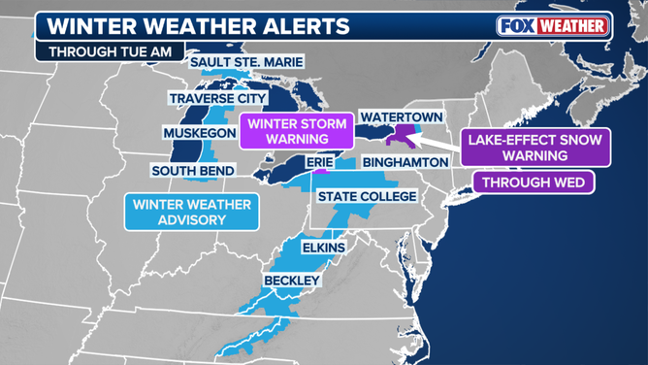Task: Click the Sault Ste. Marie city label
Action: tap(238, 63)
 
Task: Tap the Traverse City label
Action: tap(217, 98)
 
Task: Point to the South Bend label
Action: tap(193, 171)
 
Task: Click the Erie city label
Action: tap(320, 163)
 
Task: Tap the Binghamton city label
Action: tap(407, 163)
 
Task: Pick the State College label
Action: tap(368, 197)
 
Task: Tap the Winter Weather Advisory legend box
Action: tap(191, 212)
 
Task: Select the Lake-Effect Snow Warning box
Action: tap(535, 148)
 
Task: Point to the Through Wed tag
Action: tap(535, 182)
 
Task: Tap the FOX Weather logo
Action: tap(554, 26)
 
